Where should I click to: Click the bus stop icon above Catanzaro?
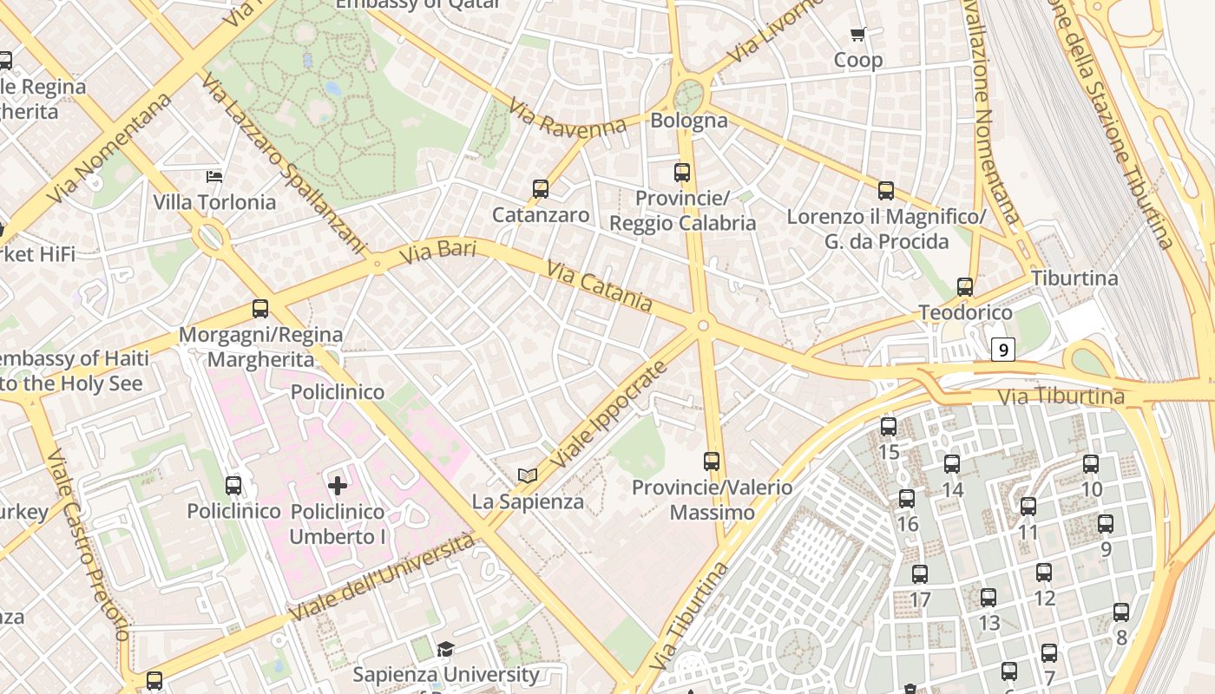click(x=541, y=188)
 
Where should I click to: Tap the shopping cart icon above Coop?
click(x=858, y=35)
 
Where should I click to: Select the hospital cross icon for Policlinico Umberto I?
click(x=338, y=485)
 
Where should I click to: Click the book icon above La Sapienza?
click(x=528, y=475)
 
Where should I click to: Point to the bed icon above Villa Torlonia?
click(x=214, y=177)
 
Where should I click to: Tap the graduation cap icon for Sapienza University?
click(x=445, y=649)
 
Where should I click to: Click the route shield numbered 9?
click(x=1003, y=350)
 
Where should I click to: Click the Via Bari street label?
click(x=438, y=254)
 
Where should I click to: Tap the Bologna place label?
click(x=689, y=120)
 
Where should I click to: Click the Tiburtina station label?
click(x=1074, y=278)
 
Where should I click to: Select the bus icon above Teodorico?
click(x=964, y=286)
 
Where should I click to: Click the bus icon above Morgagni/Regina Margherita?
click(x=259, y=308)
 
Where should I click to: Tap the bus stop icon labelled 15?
click(x=888, y=426)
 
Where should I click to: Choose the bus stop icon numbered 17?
click(x=920, y=573)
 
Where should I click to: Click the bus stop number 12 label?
click(x=1045, y=598)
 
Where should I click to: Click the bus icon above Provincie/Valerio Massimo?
click(x=712, y=461)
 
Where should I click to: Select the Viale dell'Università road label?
click(x=383, y=577)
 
